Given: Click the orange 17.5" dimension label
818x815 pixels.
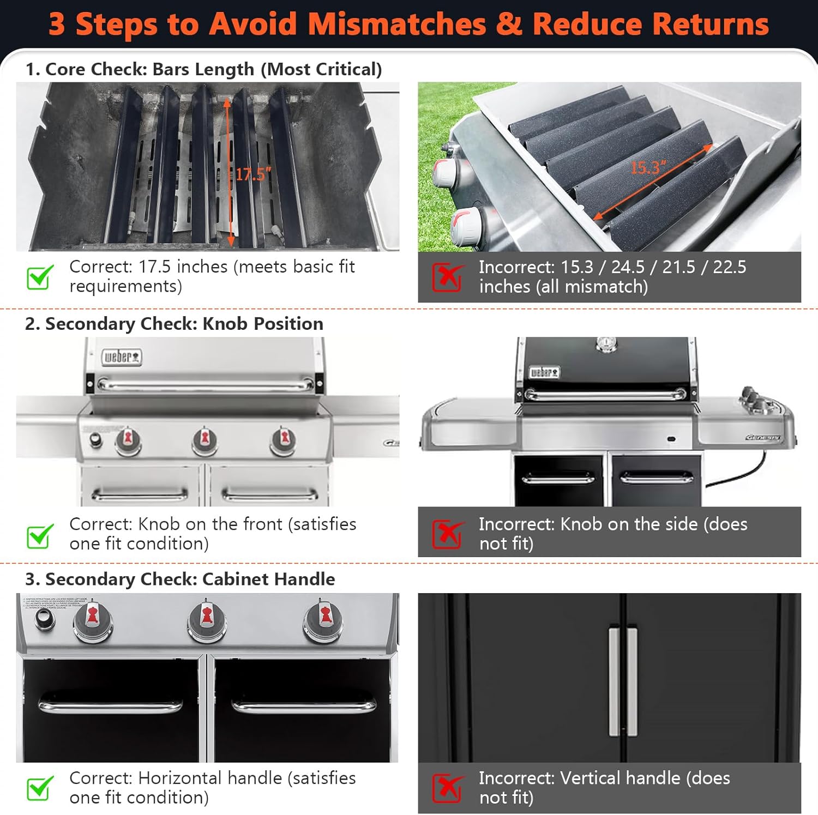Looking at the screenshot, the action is [253, 174].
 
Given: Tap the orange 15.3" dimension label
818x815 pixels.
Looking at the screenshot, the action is [648, 167].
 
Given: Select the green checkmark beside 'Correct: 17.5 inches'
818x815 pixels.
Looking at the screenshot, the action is [40, 276].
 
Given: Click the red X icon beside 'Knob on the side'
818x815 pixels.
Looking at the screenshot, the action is [448, 534].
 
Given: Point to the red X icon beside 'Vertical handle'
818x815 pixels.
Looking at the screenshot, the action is [448, 788].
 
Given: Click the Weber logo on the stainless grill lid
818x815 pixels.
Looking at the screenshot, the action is [122, 357].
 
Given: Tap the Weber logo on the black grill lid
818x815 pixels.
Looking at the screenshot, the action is [544, 373].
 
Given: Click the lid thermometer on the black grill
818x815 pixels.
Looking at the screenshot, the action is [606, 344].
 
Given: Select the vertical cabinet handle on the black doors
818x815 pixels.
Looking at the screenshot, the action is [623, 681].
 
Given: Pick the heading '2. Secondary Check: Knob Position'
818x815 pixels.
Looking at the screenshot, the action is [174, 324].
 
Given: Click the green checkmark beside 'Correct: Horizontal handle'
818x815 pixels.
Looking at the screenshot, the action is [40, 788].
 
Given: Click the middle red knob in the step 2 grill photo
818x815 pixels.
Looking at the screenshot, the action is [205, 439].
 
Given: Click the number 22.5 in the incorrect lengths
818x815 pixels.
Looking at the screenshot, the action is [730, 267].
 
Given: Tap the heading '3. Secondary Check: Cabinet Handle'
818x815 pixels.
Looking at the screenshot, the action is [180, 579].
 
